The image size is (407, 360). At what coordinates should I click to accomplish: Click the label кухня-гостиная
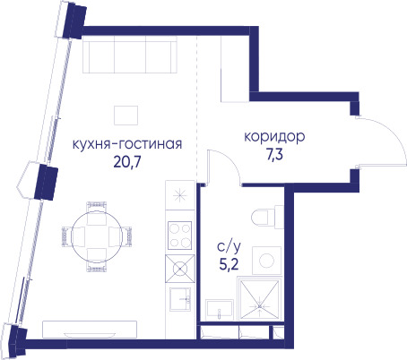pyautogui.click(x=127, y=144)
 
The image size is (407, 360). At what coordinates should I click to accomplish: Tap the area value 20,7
pyautogui.click(x=127, y=162)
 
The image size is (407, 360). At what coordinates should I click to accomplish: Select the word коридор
pyautogui.click(x=274, y=137)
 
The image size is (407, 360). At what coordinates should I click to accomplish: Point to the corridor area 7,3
pyautogui.click(x=274, y=155)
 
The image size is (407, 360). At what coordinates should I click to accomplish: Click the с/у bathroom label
pyautogui.click(x=229, y=247)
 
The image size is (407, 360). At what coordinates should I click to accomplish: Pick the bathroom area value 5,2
pyautogui.click(x=229, y=264)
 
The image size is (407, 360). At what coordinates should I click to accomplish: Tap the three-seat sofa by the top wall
pyautogui.click(x=130, y=55)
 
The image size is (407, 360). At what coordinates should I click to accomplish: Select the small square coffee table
pyautogui.click(x=126, y=116)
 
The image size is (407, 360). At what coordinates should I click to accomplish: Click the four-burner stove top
pyautogui.click(x=179, y=236)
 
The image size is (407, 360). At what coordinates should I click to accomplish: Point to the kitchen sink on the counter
pyautogui.click(x=180, y=299)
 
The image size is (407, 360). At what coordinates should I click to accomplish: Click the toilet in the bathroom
pyautogui.click(x=267, y=217)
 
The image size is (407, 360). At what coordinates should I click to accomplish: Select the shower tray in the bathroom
pyautogui.click(x=260, y=298)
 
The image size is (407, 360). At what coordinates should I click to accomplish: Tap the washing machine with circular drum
pyautogui.click(x=266, y=261)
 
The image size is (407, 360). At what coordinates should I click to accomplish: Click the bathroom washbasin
pyautogui.click(x=220, y=310)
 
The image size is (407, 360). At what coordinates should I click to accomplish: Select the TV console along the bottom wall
pyautogui.click(x=90, y=330)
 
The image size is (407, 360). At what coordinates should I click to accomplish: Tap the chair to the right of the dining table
pyautogui.click(x=120, y=236)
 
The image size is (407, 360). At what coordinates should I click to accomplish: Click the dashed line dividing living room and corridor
pyautogui.click(x=196, y=107)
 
